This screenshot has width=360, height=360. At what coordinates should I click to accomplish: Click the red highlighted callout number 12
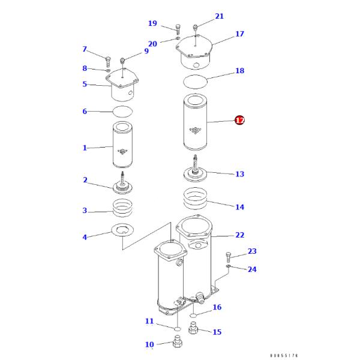(x=239, y=121)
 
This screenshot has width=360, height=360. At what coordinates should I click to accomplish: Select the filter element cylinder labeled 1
(x=123, y=146)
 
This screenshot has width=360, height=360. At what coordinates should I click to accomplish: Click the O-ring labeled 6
(x=122, y=111)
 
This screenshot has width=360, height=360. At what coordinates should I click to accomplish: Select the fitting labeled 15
(x=194, y=329)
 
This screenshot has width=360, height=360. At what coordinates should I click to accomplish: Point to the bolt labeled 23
(x=229, y=255)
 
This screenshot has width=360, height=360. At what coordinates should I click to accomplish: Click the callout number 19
(x=152, y=23)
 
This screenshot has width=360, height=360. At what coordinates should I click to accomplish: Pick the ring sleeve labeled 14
(x=196, y=199)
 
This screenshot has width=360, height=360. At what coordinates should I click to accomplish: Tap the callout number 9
(x=146, y=52)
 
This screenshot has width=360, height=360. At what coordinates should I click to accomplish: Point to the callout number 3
(x=85, y=211)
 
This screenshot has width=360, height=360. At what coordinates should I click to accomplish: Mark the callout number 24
(x=252, y=269)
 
